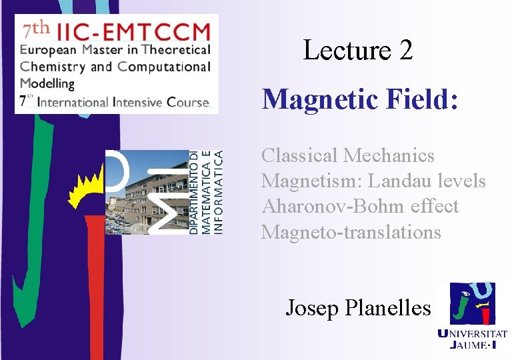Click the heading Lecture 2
(x=357, y=50)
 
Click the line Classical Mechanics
(x=347, y=155)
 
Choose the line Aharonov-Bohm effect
(x=360, y=206)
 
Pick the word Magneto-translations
(x=351, y=231)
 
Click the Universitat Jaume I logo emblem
(x=472, y=303)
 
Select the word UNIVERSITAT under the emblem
(x=472, y=334)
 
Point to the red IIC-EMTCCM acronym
(x=134, y=31)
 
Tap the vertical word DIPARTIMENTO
(x=194, y=191)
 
